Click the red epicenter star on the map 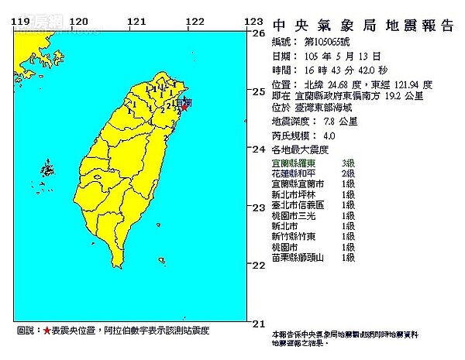(x=184, y=107)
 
